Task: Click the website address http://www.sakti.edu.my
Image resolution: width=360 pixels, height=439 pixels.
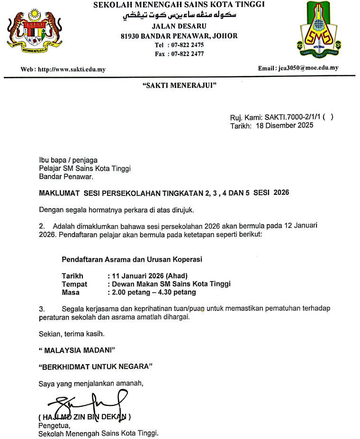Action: (x=72, y=69)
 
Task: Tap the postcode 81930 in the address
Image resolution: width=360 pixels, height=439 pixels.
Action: (x=131, y=36)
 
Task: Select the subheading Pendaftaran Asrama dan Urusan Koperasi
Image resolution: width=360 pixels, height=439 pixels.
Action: (x=132, y=259)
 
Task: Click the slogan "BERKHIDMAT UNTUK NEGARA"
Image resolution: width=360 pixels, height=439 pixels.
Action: (x=95, y=366)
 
